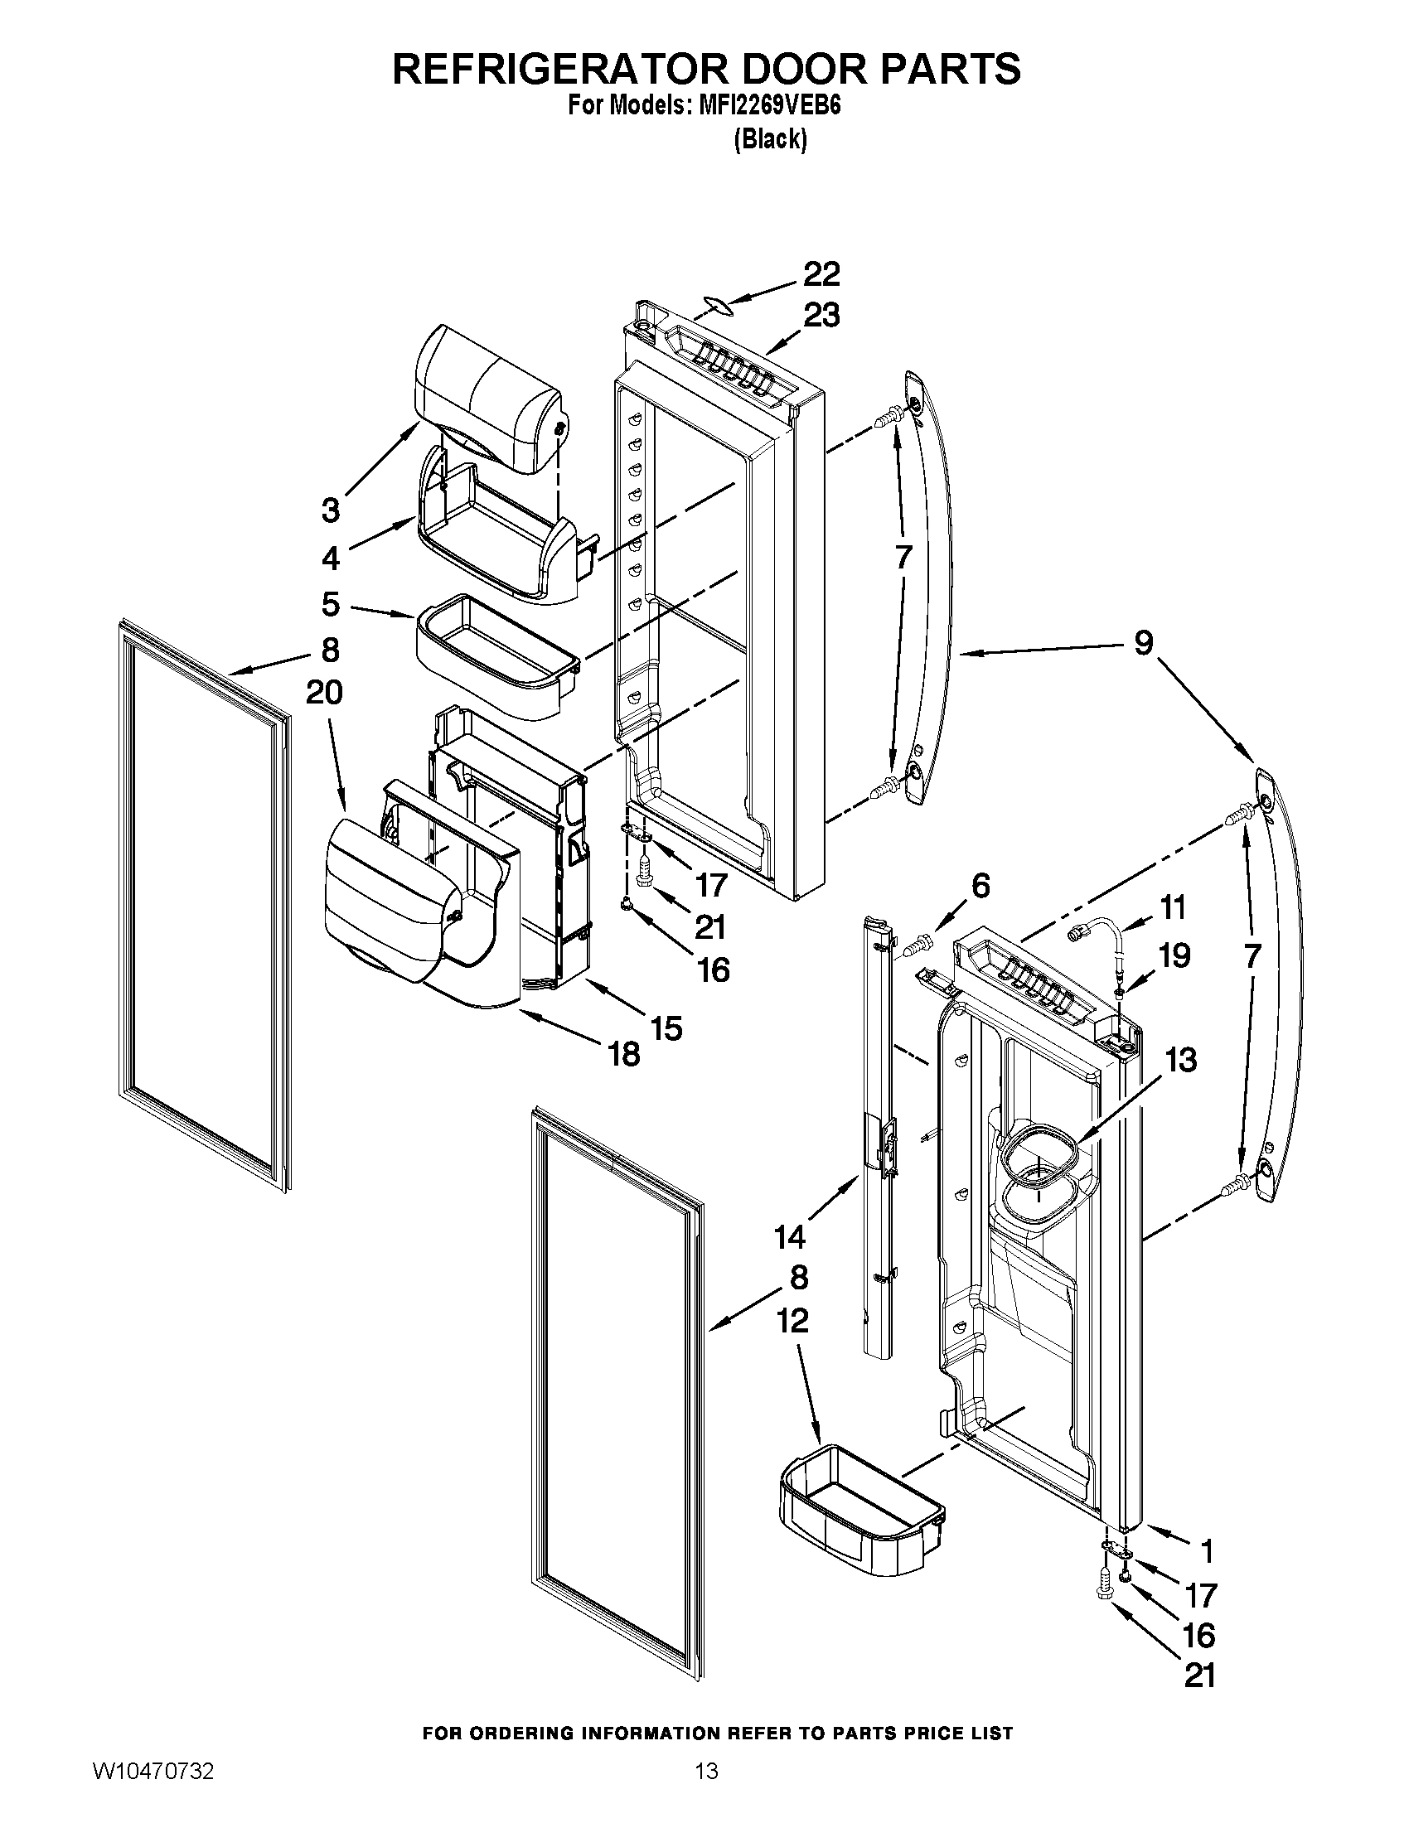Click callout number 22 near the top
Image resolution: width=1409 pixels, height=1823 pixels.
click(x=821, y=274)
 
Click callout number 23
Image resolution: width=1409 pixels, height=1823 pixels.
click(x=821, y=317)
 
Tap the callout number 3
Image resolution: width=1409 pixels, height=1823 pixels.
click(x=331, y=510)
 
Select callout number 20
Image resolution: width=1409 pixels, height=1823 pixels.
click(x=324, y=692)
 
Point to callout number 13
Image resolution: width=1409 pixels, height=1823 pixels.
click(x=1181, y=1060)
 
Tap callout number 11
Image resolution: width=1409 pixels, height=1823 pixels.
click(x=1173, y=907)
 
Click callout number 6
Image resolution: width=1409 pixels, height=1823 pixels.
click(x=980, y=886)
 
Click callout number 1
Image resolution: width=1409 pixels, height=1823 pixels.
click(x=1205, y=1552)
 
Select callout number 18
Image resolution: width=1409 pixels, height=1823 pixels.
click(x=624, y=1054)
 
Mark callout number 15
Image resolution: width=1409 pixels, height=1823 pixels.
click(x=666, y=1028)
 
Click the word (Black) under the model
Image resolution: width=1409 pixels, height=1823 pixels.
click(x=770, y=139)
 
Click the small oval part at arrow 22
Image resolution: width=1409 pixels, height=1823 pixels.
click(x=719, y=306)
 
